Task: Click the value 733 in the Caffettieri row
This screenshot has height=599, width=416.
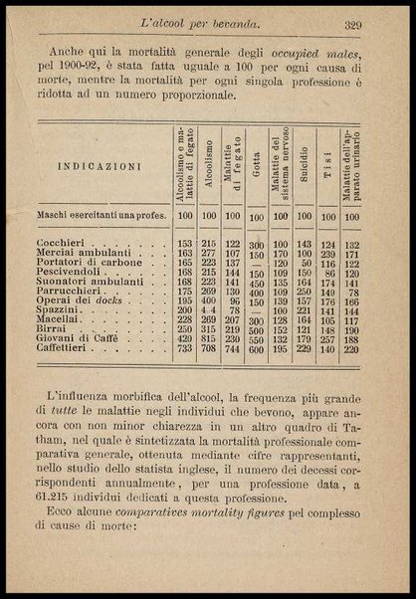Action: pos(183,349)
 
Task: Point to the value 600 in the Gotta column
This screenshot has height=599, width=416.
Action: pos(257,350)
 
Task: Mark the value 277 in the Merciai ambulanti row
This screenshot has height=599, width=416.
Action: pos(208,254)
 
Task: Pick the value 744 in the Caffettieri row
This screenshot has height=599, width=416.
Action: pos(232,349)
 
